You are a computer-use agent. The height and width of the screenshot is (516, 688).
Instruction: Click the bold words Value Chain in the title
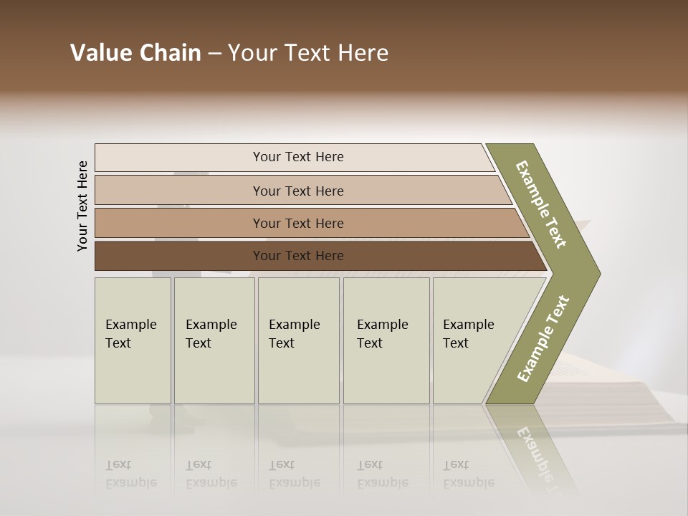[x=135, y=53]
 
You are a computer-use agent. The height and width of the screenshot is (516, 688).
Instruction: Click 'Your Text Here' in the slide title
[x=308, y=53]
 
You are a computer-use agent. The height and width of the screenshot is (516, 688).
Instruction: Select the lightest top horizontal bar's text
[x=298, y=157]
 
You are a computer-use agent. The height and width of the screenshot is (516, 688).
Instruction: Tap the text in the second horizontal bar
[x=298, y=191]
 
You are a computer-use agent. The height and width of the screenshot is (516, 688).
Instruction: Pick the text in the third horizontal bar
[x=298, y=224]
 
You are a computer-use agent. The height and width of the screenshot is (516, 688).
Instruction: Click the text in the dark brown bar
[x=298, y=256]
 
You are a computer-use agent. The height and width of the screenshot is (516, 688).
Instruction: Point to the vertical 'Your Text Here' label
[x=82, y=206]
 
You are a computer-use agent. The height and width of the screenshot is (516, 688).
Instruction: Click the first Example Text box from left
[x=131, y=334]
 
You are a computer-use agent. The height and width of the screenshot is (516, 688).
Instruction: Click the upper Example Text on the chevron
[x=541, y=204]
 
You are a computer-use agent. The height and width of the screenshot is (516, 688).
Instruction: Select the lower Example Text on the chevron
[x=543, y=339]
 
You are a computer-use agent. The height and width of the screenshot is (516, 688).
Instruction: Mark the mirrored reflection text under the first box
[x=131, y=474]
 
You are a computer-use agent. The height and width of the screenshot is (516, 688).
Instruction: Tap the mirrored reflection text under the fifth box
[x=469, y=474]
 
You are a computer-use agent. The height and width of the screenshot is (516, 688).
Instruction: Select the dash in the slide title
[x=214, y=54]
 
